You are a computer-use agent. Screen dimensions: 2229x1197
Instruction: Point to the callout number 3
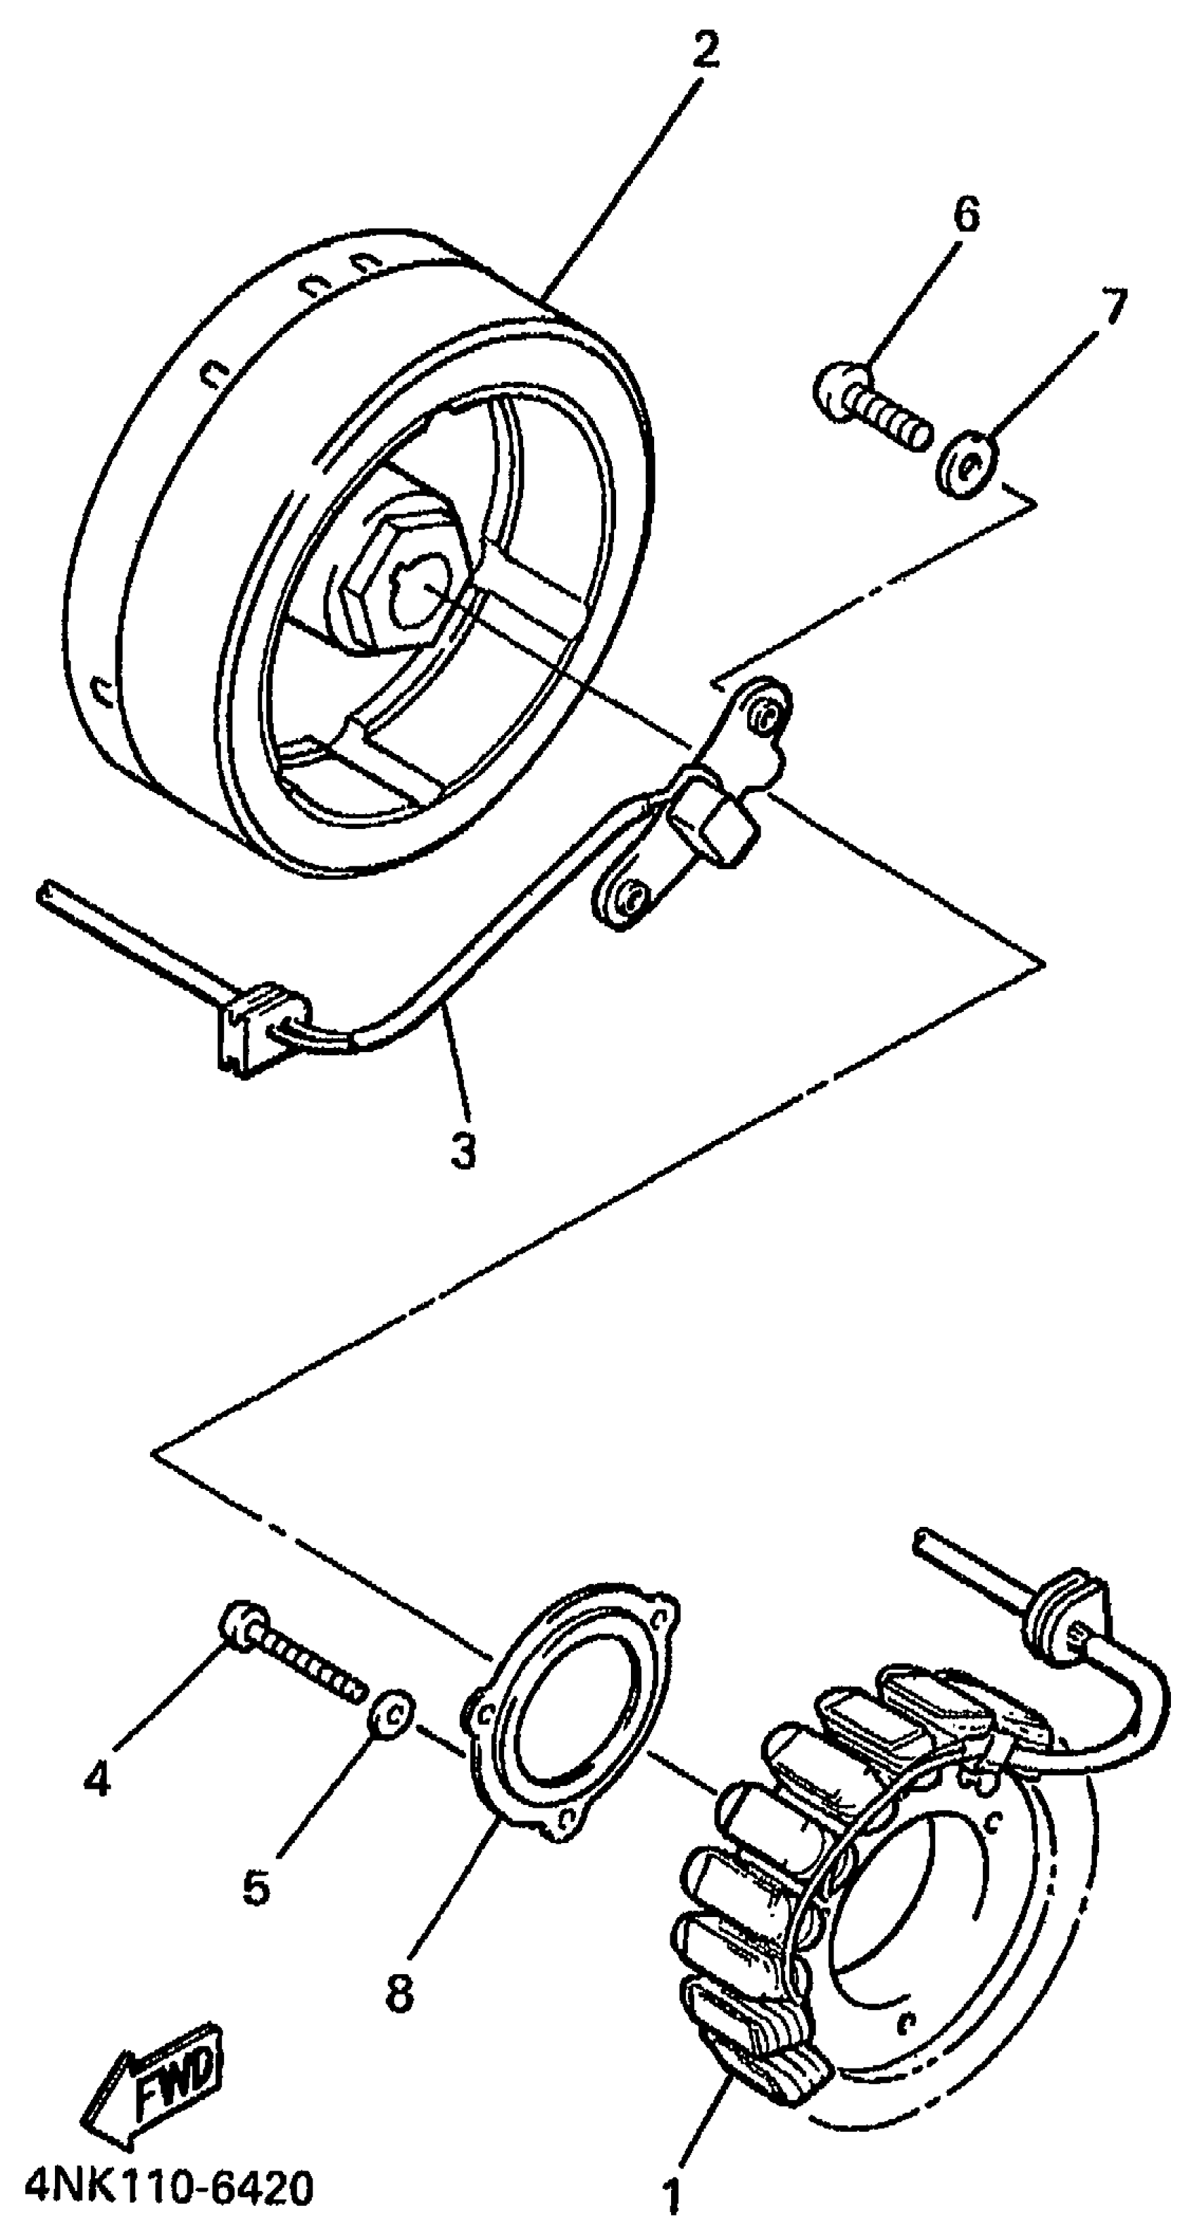463,1150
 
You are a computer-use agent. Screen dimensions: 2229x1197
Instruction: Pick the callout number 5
257,1886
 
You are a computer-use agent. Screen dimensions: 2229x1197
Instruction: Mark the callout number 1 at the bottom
672,2195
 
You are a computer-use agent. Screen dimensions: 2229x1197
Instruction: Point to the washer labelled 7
966,464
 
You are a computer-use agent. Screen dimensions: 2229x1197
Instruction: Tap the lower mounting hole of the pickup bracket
633,896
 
